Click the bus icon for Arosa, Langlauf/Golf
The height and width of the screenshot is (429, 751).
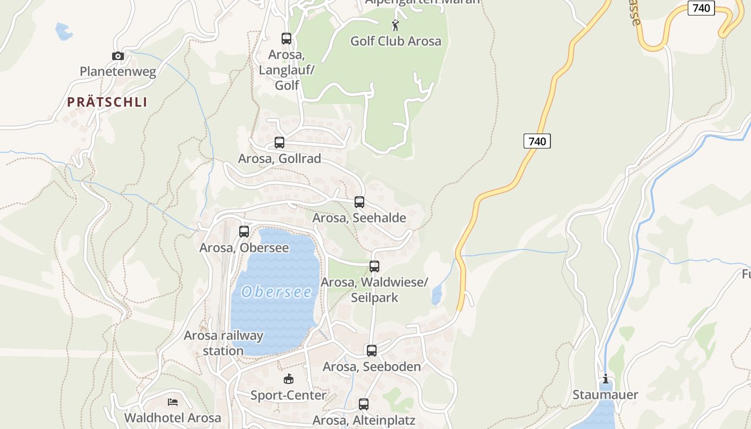(x=286, y=39)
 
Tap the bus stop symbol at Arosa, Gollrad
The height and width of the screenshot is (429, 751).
(x=279, y=143)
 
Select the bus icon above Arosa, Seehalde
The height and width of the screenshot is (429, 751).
(x=359, y=202)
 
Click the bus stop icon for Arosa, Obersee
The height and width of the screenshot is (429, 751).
(x=244, y=232)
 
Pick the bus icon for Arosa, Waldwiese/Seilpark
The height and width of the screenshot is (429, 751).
(x=374, y=267)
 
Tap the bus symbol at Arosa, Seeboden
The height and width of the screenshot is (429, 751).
(x=372, y=351)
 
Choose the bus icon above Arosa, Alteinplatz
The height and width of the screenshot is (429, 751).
(x=364, y=404)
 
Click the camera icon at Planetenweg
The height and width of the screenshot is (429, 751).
(x=118, y=56)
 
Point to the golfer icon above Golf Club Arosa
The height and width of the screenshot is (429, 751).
(x=395, y=25)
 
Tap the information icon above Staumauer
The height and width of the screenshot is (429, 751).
(x=606, y=379)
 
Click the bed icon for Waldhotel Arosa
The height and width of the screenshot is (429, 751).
(x=172, y=402)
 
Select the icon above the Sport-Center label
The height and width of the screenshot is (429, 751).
(x=289, y=379)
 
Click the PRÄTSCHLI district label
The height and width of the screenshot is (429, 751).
(x=107, y=102)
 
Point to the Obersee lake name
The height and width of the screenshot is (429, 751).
(x=276, y=292)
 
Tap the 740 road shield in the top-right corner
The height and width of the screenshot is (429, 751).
(x=701, y=8)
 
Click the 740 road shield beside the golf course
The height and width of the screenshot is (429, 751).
(x=537, y=141)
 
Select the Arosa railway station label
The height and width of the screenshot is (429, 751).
(x=223, y=343)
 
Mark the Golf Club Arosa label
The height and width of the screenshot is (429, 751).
(x=396, y=41)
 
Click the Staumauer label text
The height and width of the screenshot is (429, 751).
(x=606, y=395)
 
